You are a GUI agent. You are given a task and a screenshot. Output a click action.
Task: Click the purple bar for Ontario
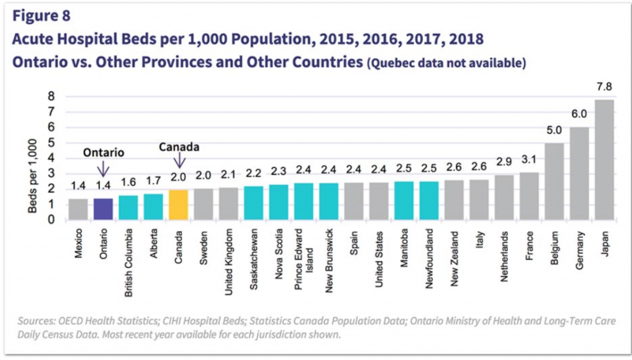tap(104, 209)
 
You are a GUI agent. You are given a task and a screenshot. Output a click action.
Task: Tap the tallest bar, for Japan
tap(604, 159)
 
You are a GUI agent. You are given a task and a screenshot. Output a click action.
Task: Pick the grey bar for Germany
tap(579, 173)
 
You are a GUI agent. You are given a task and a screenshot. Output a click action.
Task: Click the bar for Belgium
tap(554, 181)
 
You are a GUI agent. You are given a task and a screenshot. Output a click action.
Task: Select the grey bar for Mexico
tap(78, 209)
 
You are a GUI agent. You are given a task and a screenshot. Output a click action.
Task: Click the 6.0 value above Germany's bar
tap(579, 114)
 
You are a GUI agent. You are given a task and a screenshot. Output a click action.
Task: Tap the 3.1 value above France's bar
tap(528, 159)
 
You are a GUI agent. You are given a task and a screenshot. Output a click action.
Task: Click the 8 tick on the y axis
tap(51, 96)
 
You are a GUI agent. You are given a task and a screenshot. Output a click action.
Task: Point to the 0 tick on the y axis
tap(51, 219)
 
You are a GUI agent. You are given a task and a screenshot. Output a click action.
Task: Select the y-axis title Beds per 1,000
tap(32, 176)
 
